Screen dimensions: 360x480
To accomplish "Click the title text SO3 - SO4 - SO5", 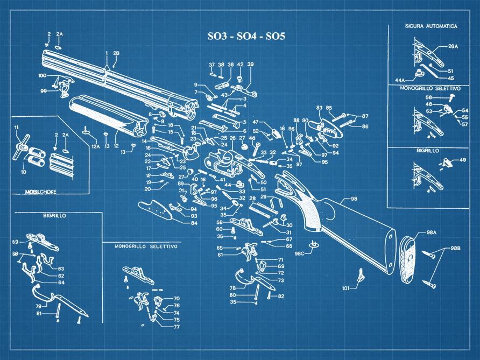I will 246,37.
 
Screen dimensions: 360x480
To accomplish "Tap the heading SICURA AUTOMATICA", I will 431,26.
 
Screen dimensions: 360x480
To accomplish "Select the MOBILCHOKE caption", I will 41,191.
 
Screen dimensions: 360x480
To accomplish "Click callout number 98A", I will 431,232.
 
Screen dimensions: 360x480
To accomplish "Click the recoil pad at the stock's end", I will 411,258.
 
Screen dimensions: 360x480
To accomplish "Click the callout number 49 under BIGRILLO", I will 462,160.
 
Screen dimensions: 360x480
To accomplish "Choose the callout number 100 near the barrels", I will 42,76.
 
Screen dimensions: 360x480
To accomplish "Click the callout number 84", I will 194,223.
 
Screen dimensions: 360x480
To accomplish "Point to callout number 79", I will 23,306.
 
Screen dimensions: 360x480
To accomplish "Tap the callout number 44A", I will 400,79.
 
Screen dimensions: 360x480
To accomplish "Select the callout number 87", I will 365,116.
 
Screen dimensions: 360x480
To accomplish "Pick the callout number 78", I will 232,288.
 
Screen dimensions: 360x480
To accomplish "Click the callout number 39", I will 250,65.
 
